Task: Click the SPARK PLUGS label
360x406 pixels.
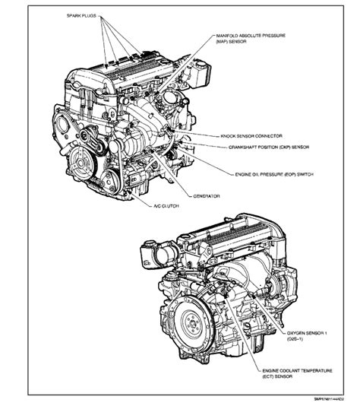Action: (81, 16)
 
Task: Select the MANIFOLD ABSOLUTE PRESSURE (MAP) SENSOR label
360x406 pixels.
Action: (251, 38)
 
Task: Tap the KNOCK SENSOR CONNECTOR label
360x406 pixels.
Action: (251, 136)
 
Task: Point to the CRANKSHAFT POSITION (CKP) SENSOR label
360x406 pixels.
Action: (269, 147)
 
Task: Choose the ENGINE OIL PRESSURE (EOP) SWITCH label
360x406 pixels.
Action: (274, 175)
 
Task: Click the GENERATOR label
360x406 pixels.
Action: (207, 196)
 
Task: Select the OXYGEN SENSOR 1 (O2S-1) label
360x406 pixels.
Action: (307, 336)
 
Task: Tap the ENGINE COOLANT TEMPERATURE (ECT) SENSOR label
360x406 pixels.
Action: (297, 373)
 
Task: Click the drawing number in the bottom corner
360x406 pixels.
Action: (329, 399)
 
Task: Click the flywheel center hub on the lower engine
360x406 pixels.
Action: (193, 323)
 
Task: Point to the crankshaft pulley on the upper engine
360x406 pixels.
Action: (81, 163)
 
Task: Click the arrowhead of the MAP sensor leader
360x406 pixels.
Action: (158, 93)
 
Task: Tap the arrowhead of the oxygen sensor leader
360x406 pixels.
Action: (254, 296)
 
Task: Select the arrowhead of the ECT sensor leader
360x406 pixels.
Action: (225, 295)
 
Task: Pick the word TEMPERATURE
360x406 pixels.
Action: (315, 371)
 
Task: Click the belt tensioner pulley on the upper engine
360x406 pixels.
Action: (85, 135)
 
